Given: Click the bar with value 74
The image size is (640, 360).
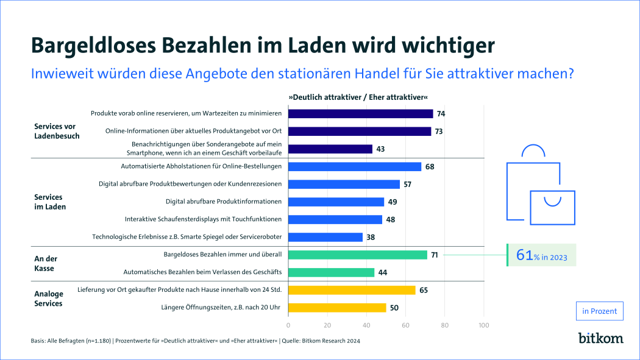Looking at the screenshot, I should tap(360, 113).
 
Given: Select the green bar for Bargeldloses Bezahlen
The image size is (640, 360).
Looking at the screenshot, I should tap(357, 255).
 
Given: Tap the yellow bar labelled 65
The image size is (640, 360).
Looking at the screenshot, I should tap(351, 290).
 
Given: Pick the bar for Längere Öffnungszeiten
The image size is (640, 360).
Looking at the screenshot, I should tap(336, 308).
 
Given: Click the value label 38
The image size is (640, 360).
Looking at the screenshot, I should tap(371, 237).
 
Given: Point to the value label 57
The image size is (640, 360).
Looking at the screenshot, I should tap(408, 184).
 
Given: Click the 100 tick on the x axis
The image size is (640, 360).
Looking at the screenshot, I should tap(484, 325).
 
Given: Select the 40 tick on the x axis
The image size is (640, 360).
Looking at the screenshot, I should tap(366, 325).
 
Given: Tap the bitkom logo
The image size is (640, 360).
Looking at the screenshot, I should tap(600, 338).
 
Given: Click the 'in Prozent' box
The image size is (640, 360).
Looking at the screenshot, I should tap(600, 311).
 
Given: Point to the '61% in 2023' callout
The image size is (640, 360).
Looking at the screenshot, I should tap(541, 256).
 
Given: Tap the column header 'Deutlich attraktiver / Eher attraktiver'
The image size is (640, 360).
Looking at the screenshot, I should tap(358, 97).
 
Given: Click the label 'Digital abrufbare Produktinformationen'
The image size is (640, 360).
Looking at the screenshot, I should tap(224, 202).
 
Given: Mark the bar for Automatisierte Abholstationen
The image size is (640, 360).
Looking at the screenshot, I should tap(354, 166).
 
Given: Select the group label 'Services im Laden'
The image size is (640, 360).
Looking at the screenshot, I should tap(49, 202).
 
